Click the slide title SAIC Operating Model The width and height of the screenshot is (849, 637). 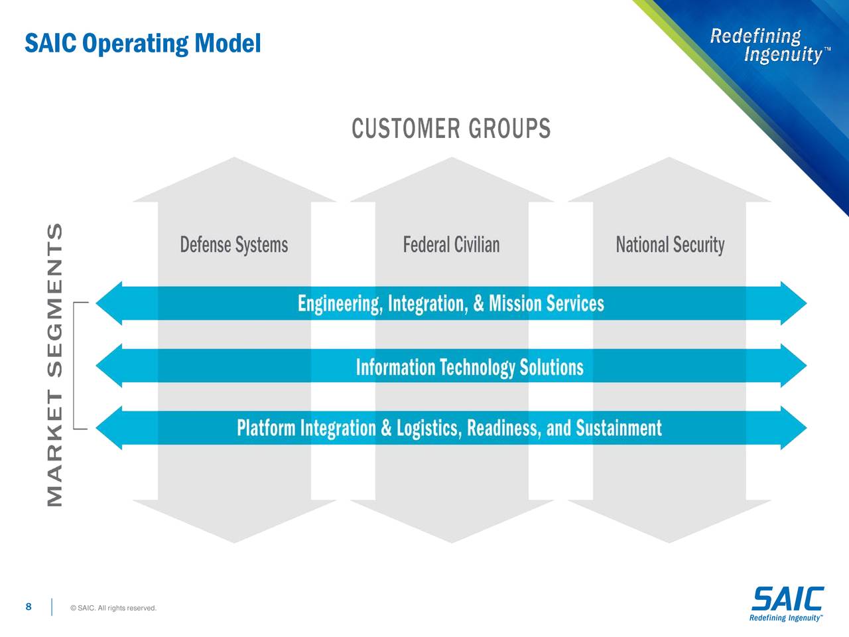(x=143, y=44)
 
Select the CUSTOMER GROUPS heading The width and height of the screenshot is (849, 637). (x=451, y=129)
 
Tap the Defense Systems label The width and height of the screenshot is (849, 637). (x=234, y=245)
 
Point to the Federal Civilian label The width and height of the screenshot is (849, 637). (x=451, y=245)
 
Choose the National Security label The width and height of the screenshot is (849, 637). (x=670, y=245)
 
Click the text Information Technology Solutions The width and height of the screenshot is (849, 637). (x=470, y=367)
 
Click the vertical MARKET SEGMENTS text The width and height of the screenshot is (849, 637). (x=56, y=365)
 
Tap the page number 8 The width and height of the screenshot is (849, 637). (x=29, y=606)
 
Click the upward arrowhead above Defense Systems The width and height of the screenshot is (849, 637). (x=234, y=180)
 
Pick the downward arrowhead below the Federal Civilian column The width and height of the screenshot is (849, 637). (x=452, y=520)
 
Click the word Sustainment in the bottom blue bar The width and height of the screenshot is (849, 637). (x=618, y=428)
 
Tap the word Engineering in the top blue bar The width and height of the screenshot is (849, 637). (x=338, y=304)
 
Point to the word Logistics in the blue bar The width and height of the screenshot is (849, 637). (x=427, y=428)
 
